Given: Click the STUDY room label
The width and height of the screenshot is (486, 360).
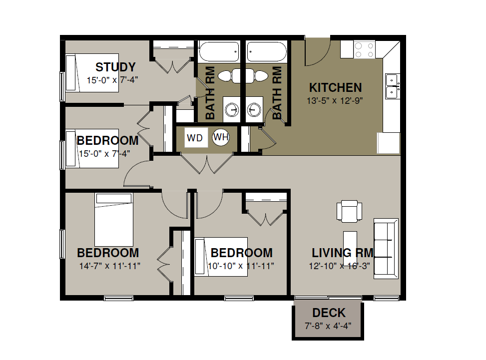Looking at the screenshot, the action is click(115, 67).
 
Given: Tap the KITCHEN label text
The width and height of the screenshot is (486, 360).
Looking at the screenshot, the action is click(335, 88).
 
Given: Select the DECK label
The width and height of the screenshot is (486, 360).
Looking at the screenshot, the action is click(329, 313).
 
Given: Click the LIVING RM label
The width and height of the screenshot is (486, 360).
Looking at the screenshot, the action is click(343, 253).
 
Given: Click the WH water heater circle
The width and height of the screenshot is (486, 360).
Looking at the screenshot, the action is click(221, 137).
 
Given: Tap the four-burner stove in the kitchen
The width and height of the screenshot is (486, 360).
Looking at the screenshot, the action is click(364, 49).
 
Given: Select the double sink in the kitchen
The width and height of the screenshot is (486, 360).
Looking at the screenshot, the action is click(393, 86).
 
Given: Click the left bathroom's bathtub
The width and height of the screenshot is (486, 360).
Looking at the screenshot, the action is click(219, 52).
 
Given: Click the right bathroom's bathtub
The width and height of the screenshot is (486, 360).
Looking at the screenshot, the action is click(267, 52).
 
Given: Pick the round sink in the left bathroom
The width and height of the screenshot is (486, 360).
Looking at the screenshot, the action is click(232, 109).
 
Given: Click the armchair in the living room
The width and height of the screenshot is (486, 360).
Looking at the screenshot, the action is click(349, 211).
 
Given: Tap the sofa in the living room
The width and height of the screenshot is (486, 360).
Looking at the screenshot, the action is click(386, 249).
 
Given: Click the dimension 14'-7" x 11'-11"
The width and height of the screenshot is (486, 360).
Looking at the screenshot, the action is click(110, 266).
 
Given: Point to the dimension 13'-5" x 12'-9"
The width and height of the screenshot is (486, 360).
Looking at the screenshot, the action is click(335, 101).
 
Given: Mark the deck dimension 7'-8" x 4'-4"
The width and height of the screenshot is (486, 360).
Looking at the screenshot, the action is click(328, 326).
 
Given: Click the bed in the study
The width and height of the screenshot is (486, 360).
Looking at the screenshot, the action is click(92, 73).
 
